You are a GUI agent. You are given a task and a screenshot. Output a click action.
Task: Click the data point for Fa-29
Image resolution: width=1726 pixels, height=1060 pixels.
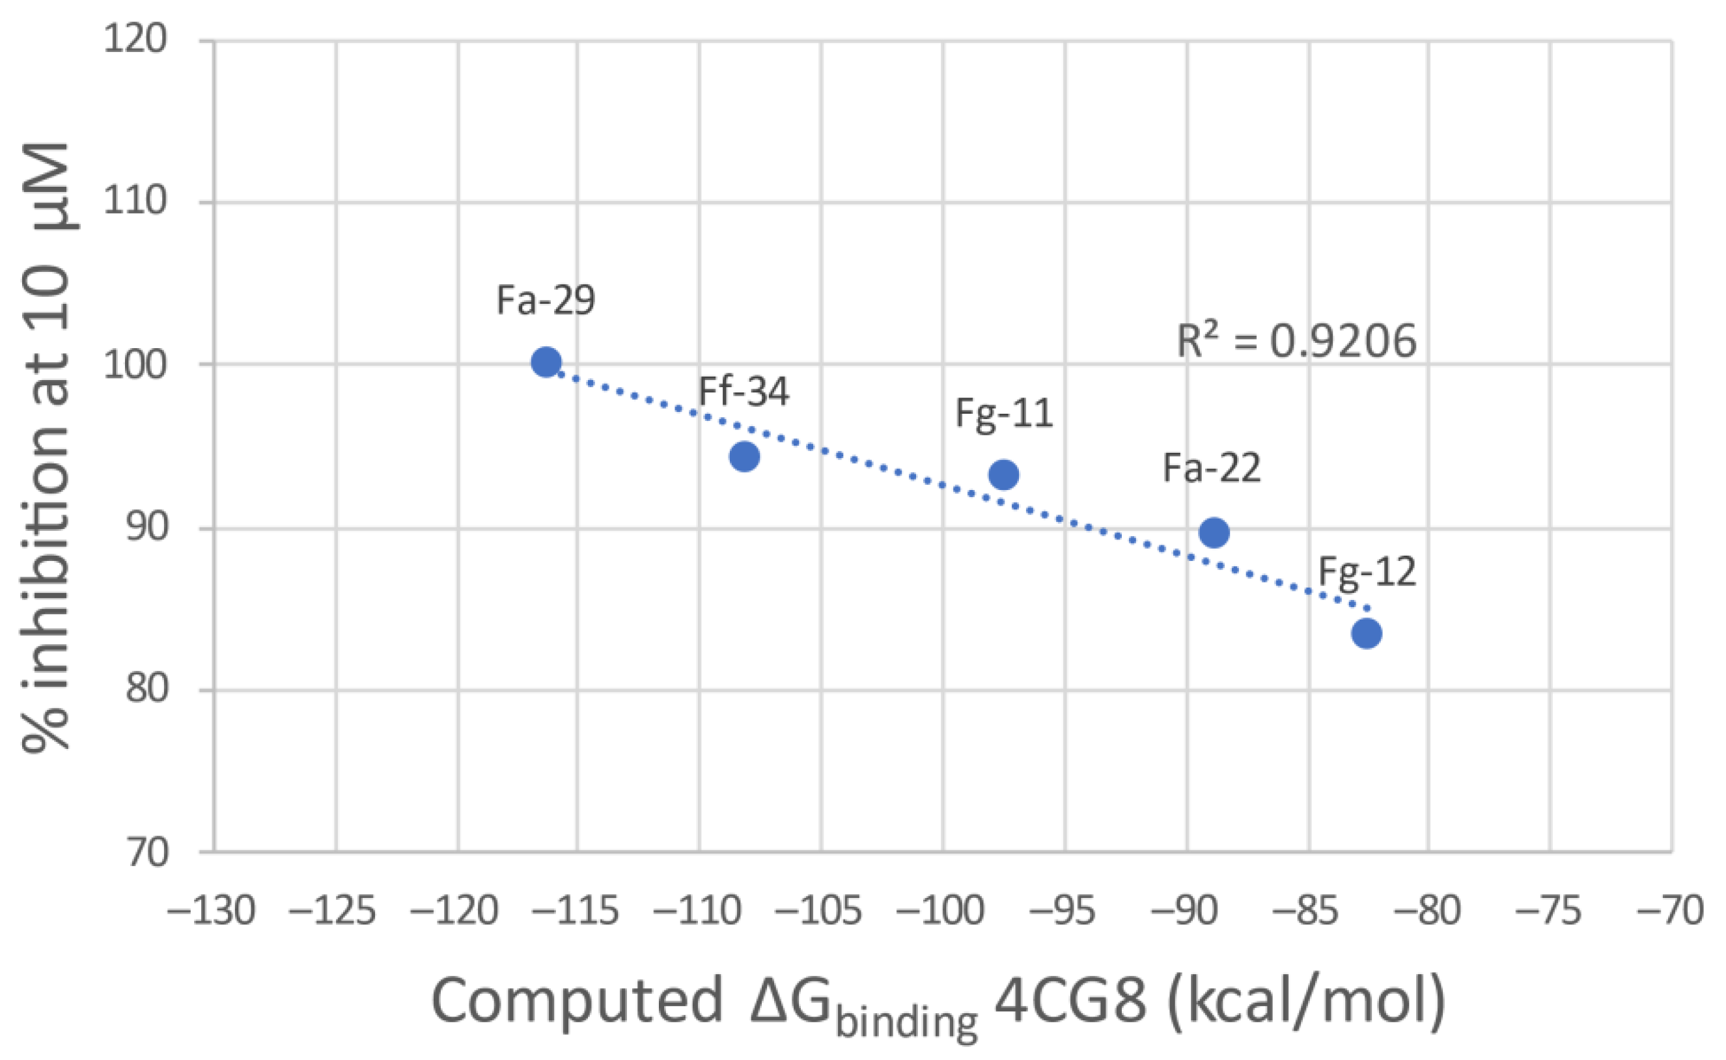coord(546,362)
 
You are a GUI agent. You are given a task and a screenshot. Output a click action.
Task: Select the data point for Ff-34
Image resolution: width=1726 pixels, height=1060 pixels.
coord(744,456)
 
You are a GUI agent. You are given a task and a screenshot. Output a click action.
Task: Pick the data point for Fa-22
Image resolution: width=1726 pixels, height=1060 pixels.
coord(1214,533)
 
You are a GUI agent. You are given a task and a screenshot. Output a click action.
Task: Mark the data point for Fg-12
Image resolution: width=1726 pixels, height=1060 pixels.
coord(1367,634)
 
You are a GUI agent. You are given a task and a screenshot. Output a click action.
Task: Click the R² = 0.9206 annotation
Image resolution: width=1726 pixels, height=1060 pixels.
coord(1296,342)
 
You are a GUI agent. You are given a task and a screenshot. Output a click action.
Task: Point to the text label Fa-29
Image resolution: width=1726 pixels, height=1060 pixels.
coord(546,300)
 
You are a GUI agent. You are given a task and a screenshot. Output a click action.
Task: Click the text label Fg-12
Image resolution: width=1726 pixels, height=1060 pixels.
coord(1367,571)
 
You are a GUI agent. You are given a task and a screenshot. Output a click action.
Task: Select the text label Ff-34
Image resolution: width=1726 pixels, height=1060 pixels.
coord(744,391)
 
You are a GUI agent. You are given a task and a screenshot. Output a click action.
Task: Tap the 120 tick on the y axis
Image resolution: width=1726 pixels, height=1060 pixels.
coord(136,38)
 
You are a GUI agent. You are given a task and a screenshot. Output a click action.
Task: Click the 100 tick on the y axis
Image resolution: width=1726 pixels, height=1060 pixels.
coord(136,364)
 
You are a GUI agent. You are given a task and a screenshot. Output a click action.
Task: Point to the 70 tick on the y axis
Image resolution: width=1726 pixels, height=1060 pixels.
coord(147,853)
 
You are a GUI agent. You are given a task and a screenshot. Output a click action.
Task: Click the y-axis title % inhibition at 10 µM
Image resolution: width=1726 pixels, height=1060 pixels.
coord(46,449)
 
